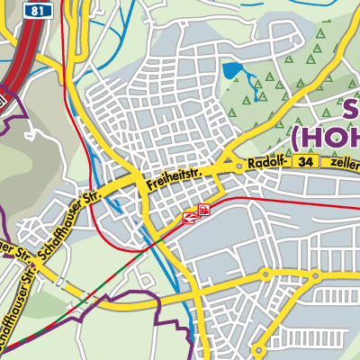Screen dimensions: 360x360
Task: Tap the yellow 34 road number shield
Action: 308,160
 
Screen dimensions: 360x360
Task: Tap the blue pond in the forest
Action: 233,70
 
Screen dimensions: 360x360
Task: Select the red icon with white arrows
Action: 191,216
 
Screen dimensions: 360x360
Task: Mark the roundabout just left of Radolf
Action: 238,166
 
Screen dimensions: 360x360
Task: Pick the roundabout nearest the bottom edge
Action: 257,350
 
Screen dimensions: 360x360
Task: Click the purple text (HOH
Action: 324,138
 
